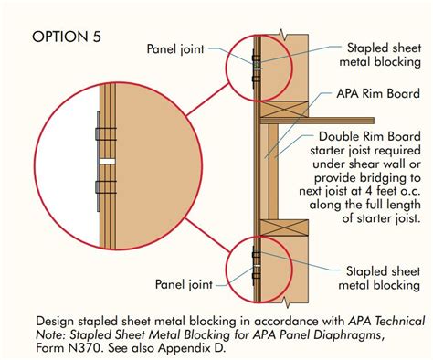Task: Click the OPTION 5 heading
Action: point(67,37)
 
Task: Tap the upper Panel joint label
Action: point(175,49)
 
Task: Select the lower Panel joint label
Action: point(184,284)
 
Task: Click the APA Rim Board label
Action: point(378,93)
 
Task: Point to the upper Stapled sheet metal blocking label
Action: point(380,55)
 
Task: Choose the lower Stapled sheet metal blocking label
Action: point(380,278)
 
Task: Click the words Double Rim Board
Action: point(370,136)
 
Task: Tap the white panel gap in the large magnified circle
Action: point(108,161)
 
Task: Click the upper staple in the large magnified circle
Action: point(106,134)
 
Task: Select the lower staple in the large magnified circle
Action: point(106,187)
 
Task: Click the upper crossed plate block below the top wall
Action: point(284,109)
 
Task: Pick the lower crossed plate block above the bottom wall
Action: point(284,228)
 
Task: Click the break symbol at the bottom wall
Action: point(285,302)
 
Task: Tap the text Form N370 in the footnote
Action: point(68,348)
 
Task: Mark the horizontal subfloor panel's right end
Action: point(374,121)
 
